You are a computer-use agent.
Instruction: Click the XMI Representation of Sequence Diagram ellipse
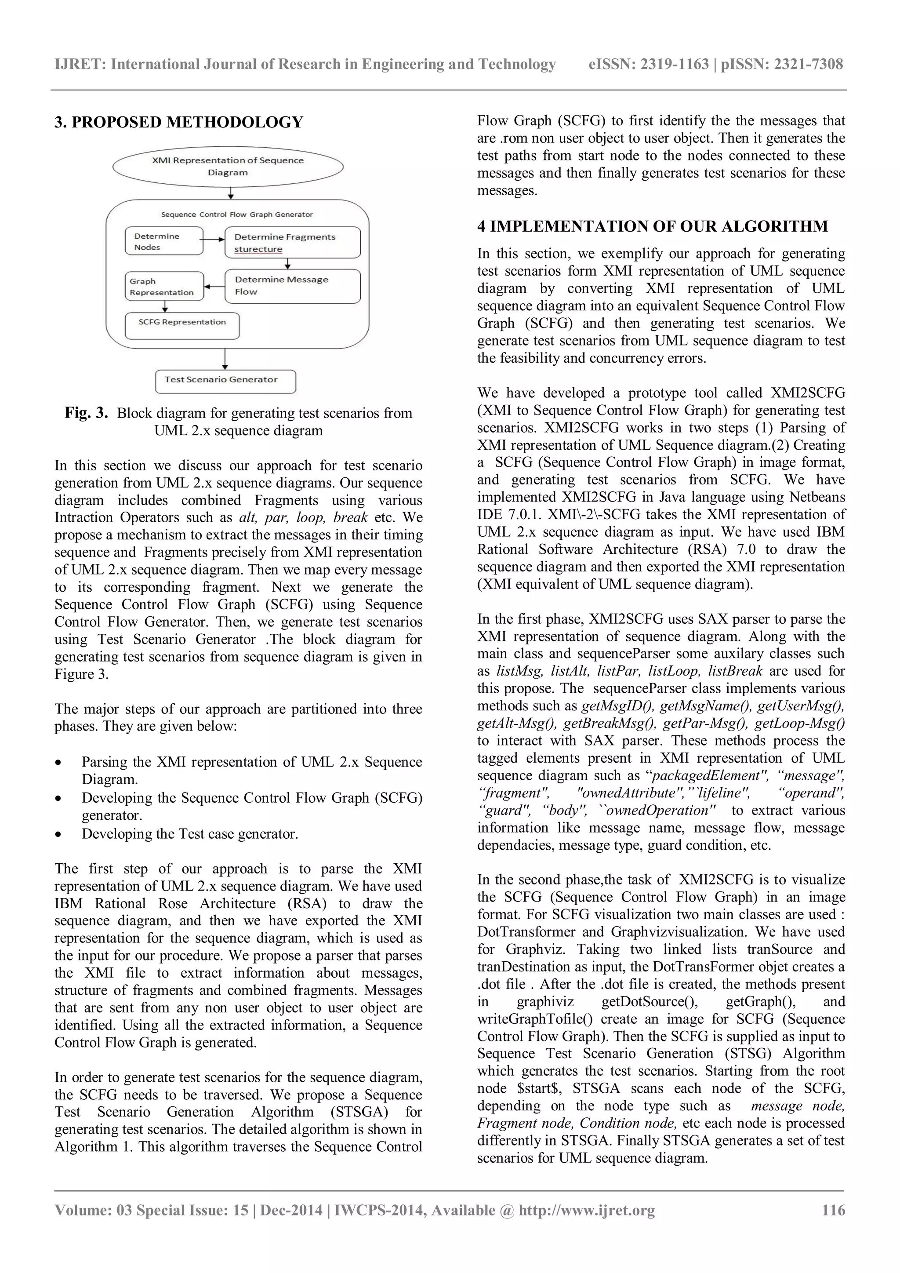[228, 166]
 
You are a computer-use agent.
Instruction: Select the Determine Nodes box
[163, 241]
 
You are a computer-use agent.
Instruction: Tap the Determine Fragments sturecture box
[292, 243]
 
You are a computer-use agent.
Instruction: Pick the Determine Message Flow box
[292, 286]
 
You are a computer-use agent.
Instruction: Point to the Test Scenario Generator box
[225, 382]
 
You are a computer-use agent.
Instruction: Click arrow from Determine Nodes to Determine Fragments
[214, 240]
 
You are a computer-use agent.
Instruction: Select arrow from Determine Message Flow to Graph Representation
[214, 287]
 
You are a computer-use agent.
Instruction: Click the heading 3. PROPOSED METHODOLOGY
[178, 122]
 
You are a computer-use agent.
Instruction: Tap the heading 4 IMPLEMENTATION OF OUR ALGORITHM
[652, 226]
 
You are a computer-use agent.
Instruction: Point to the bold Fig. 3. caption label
[86, 413]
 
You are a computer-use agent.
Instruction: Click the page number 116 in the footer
[833, 1210]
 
